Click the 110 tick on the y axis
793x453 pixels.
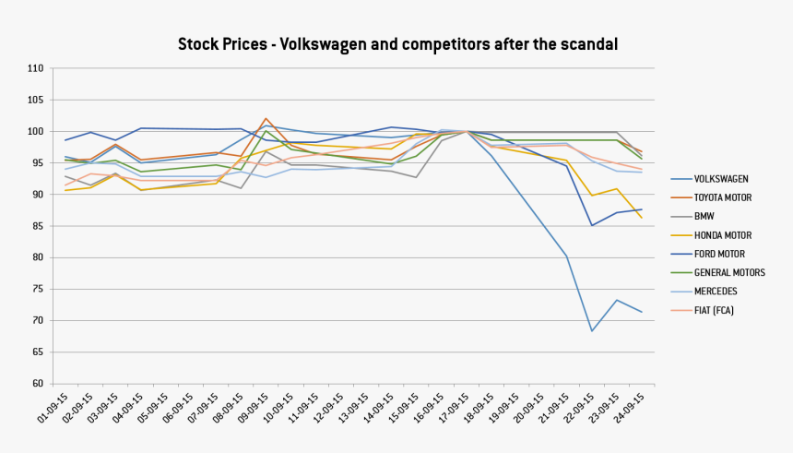[36, 68]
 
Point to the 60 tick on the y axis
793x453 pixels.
[38, 383]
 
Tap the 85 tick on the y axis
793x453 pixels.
[38, 226]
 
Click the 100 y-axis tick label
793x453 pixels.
[36, 131]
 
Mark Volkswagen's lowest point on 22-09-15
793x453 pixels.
[592, 330]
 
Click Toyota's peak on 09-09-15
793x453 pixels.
[266, 118]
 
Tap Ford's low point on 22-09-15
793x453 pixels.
[592, 225]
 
